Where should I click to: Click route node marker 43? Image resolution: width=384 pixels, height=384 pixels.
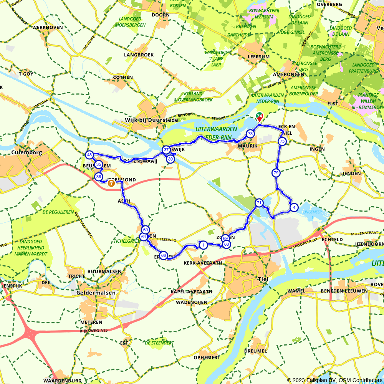point(89,155)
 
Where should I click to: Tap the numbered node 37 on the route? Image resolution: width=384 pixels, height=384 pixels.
point(166,150)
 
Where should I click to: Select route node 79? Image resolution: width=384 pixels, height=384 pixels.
point(276,173)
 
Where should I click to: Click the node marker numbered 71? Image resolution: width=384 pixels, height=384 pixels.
point(259,203)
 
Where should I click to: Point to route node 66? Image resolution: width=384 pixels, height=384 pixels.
point(163,255)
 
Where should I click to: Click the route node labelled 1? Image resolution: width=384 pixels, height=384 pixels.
point(203,245)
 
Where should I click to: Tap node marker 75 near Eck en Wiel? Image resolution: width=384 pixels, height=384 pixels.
point(282,142)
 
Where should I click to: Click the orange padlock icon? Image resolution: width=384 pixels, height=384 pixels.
point(111,184)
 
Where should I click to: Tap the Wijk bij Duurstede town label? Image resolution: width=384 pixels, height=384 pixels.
point(151,120)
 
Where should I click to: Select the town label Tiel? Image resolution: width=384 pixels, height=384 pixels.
point(264,279)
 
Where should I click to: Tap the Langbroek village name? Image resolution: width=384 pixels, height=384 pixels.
point(139,55)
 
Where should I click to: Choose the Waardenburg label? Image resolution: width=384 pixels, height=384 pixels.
point(62,381)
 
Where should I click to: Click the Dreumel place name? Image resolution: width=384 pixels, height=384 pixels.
point(255,351)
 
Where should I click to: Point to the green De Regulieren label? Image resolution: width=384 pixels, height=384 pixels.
point(58,212)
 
